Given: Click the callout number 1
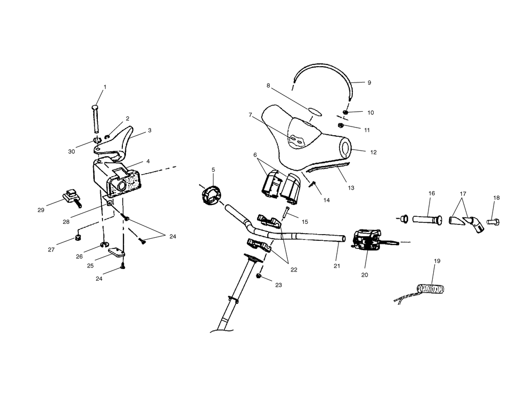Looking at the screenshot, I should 105,87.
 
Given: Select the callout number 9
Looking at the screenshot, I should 369,82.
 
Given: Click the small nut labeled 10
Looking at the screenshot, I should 346,113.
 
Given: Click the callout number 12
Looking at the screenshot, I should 373,152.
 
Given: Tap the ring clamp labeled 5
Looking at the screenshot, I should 211,195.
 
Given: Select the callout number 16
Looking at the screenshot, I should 432,193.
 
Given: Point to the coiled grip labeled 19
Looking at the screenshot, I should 431,289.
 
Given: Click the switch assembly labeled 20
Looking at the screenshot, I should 367,240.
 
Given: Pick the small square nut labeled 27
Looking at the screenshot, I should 79,237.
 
